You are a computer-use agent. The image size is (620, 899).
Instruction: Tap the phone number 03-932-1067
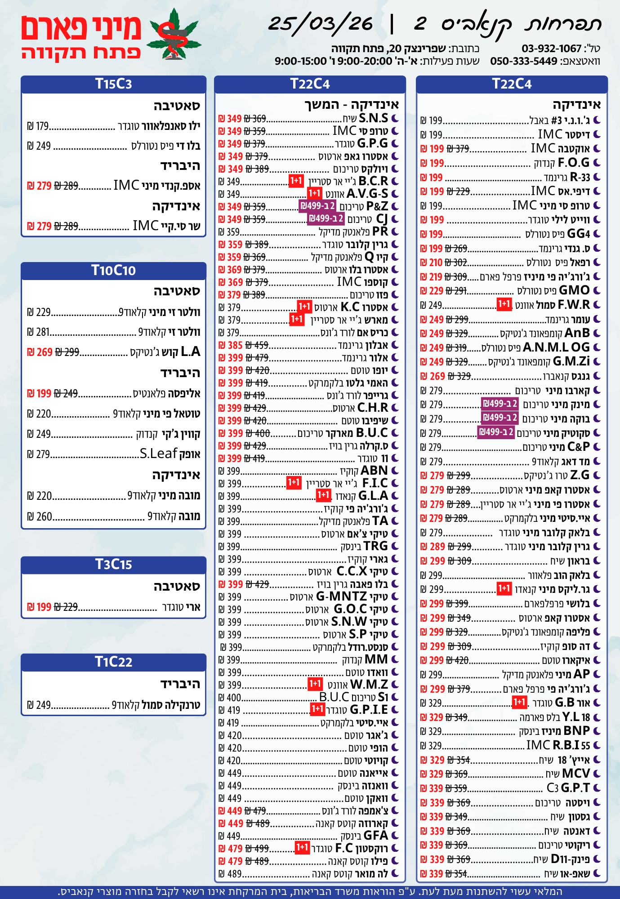[551, 49]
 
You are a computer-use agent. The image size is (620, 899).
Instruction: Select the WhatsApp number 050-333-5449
[524, 61]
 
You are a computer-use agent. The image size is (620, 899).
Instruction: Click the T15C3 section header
[113, 84]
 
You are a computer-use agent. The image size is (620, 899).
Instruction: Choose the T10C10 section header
[113, 270]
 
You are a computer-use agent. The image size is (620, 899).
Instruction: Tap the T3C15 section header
[113, 564]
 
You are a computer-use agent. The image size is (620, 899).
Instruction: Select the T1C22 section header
[113, 662]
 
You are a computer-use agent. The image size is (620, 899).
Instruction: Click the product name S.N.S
[373, 118]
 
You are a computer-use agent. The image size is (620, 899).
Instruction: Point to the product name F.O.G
[574, 163]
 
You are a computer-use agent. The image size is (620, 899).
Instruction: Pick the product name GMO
[574, 290]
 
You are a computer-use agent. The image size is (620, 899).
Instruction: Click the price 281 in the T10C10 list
[43, 332]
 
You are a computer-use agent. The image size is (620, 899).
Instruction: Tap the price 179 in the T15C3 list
[42, 126]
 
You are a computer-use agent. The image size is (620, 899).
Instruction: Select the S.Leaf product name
[158, 454]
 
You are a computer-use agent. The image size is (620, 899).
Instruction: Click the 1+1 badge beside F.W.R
[504, 305]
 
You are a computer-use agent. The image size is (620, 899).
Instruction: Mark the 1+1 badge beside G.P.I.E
[317, 709]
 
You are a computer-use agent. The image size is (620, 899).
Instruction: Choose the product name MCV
[576, 774]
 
